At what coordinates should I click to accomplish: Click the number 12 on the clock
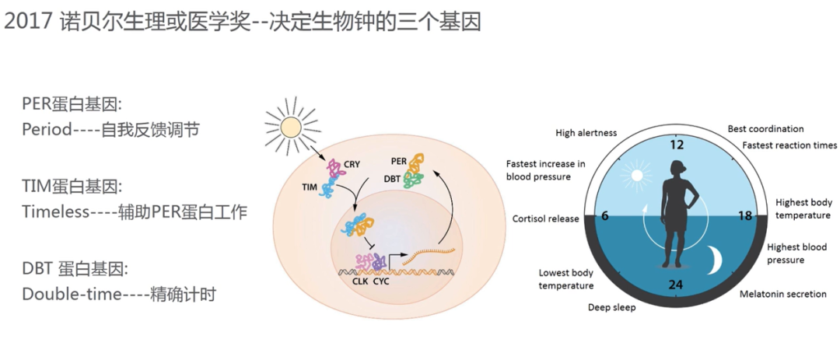675,145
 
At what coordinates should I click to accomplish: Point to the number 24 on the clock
675,285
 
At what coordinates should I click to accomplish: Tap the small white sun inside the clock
637,176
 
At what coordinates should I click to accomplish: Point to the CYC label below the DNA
380,281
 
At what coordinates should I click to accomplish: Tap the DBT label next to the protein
393,179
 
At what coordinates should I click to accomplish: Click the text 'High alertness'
586,133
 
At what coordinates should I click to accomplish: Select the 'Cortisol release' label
545,218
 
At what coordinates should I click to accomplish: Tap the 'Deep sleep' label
611,307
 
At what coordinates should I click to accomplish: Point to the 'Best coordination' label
765,128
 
